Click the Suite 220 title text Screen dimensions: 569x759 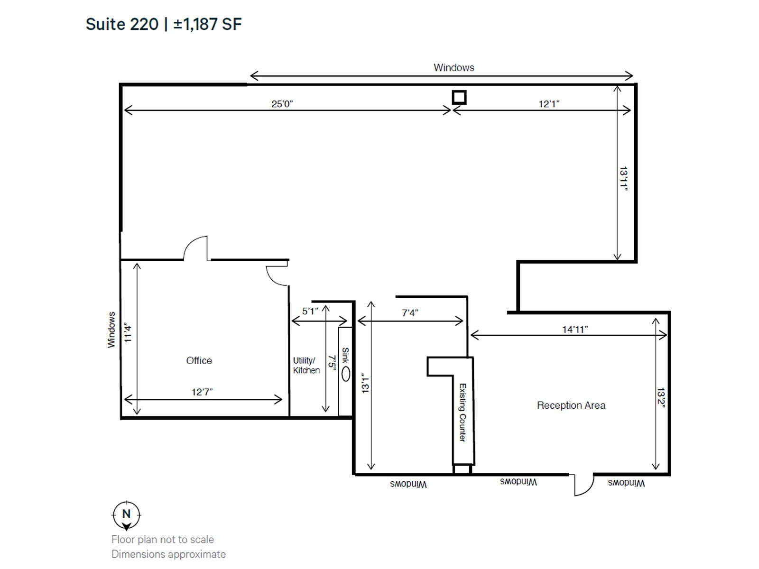(163, 24)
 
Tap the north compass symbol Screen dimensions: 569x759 (126, 515)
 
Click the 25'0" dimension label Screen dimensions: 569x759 (282, 104)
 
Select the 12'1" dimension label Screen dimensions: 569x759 (549, 104)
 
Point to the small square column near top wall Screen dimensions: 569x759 (459, 97)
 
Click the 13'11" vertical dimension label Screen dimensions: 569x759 (624, 179)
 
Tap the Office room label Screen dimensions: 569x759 (199, 360)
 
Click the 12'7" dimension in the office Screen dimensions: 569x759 (202, 392)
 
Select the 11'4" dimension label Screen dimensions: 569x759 (128, 332)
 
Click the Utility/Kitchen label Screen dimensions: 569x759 (306, 365)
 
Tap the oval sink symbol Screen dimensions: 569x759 (346, 374)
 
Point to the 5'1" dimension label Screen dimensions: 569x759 (310, 311)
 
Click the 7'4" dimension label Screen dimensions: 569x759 (410, 312)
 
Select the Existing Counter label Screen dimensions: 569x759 (463, 413)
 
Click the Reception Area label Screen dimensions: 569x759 (571, 405)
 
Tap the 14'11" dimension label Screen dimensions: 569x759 (575, 329)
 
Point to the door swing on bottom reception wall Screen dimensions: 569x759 (583, 485)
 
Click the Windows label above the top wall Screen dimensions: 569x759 (454, 67)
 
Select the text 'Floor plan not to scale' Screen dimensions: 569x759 (162, 539)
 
